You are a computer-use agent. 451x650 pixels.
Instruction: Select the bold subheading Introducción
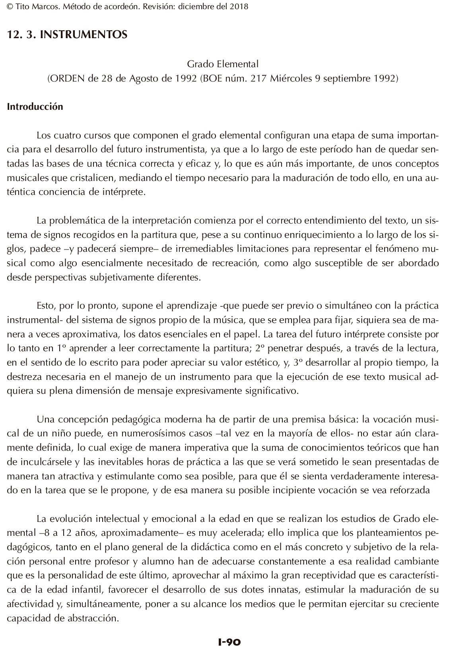[35, 107]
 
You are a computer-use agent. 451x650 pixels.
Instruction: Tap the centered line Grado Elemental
[223, 64]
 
